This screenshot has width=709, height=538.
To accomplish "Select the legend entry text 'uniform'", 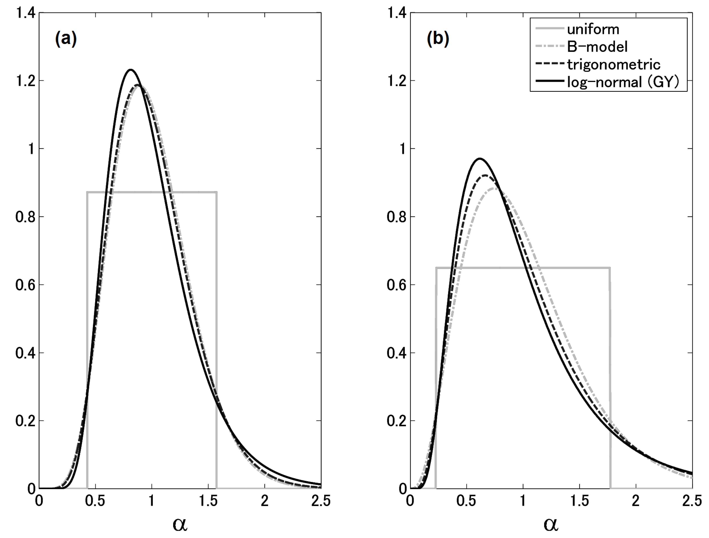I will (593, 30).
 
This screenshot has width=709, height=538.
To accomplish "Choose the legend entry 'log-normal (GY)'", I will (623, 82).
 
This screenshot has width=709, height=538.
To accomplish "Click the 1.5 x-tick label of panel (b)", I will (579, 501).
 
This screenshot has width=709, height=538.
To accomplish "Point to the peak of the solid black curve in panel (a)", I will (131, 70).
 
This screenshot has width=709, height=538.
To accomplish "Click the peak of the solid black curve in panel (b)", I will (480, 159).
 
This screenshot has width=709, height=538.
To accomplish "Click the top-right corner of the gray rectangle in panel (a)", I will (217, 192).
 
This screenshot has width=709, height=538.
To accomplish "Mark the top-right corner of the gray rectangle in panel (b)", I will (610, 268).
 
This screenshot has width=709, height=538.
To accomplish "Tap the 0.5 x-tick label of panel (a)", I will (95, 501).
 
